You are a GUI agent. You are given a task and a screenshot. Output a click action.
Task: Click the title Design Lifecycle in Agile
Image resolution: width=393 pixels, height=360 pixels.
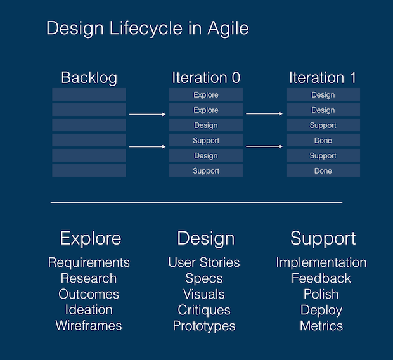pyautogui.click(x=148, y=29)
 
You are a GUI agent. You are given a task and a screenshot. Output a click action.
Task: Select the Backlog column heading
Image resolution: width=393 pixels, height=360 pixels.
pyautogui.click(x=89, y=78)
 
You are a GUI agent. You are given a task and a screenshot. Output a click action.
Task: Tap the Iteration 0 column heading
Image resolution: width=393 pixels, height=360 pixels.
pyautogui.click(x=206, y=78)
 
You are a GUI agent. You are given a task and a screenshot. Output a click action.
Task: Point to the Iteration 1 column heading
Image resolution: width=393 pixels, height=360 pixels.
pyautogui.click(x=323, y=78)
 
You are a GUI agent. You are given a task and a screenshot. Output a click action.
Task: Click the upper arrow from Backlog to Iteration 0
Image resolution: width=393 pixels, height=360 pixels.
pyautogui.click(x=147, y=115)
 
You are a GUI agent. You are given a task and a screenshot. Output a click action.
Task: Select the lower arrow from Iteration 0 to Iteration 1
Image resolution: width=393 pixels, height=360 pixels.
pyautogui.click(x=264, y=146)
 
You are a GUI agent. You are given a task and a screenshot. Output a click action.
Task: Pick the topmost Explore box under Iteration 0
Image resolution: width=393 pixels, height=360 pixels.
pyautogui.click(x=206, y=95)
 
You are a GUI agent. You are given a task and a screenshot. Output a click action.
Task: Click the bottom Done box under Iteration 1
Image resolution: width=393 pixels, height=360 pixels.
pyautogui.click(x=323, y=171)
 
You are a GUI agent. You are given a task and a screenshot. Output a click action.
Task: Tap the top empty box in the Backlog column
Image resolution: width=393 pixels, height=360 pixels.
pyautogui.click(x=89, y=95)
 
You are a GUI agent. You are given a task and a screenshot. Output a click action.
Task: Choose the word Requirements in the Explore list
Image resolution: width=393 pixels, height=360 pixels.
pyautogui.click(x=89, y=262)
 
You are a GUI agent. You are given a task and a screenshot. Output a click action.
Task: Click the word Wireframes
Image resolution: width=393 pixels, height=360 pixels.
pyautogui.click(x=89, y=326)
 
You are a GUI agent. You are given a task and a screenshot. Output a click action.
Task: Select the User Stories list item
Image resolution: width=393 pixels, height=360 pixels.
pyautogui.click(x=204, y=262)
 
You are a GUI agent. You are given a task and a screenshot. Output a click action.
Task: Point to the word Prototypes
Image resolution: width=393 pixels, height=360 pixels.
pyautogui.click(x=204, y=326)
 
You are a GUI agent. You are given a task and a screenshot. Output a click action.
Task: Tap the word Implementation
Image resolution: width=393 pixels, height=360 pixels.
pyautogui.click(x=321, y=262)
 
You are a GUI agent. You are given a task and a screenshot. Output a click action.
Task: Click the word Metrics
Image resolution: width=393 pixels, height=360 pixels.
pyautogui.click(x=321, y=326)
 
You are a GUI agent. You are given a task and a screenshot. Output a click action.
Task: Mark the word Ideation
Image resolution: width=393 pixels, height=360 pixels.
pyautogui.click(x=89, y=310)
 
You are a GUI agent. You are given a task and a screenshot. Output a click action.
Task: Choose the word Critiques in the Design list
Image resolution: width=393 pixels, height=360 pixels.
pyautogui.click(x=204, y=310)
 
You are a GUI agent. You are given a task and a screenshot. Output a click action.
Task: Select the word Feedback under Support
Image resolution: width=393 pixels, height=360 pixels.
pyautogui.click(x=321, y=278)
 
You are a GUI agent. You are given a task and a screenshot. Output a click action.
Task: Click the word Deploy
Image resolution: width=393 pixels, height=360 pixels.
pyautogui.click(x=321, y=310)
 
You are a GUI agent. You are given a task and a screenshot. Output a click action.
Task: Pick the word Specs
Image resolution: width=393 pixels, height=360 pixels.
pyautogui.click(x=204, y=278)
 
